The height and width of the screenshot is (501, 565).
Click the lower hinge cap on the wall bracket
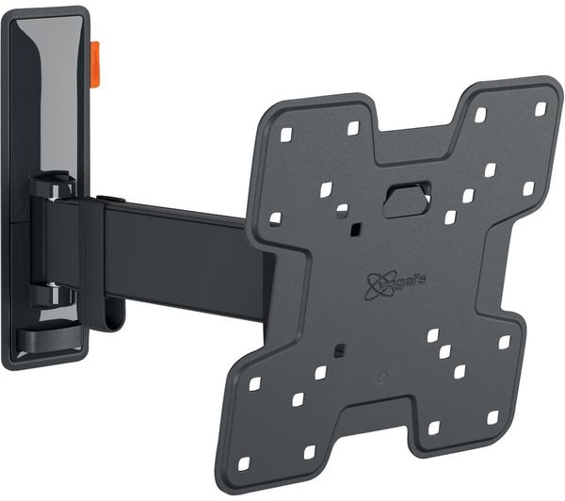(52, 295)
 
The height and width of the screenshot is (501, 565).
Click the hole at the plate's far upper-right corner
(541, 109)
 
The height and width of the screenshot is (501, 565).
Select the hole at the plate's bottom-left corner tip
(244, 464)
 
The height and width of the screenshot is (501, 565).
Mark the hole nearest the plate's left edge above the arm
(275, 218)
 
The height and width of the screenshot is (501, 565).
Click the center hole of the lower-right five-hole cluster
(444, 352)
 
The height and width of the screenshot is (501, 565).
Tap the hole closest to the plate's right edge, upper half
(528, 188)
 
